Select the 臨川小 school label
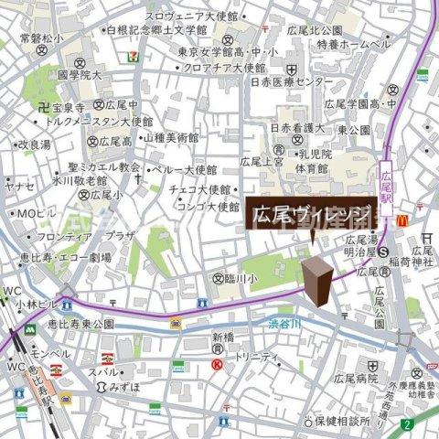point(239,278)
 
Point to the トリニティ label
point(256,358)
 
